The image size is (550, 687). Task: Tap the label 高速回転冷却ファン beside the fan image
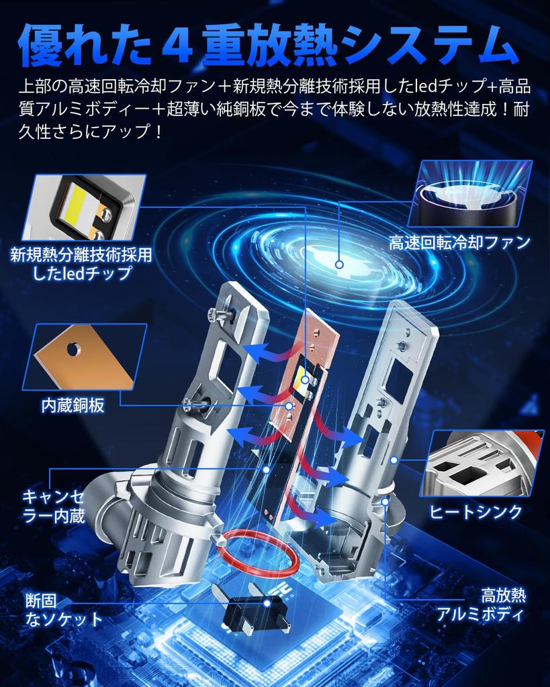click(459, 242)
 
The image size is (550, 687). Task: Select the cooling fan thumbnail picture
click(469, 195)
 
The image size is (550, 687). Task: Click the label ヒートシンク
click(475, 512)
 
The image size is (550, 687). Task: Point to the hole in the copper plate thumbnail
click(75, 348)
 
